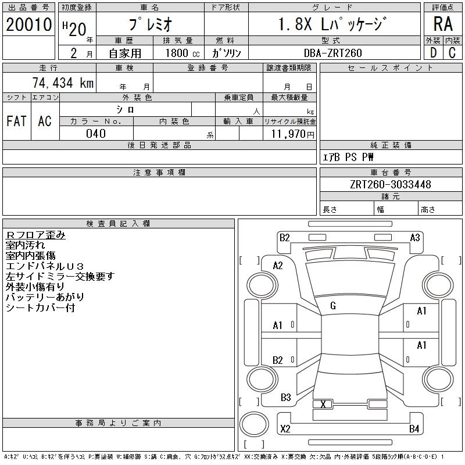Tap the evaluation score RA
point(443,24)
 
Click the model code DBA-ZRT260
point(333,53)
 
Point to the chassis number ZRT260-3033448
point(391,185)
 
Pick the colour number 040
point(96,134)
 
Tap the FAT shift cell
point(16,121)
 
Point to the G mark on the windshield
point(333,306)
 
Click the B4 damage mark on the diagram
point(414,430)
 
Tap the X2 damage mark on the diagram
point(285,430)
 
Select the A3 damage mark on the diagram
point(415,237)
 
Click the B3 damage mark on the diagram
point(285,398)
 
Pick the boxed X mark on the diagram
point(323,405)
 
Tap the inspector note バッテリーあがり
point(45,297)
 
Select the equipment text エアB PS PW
point(348,157)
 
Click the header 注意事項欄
point(159,173)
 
